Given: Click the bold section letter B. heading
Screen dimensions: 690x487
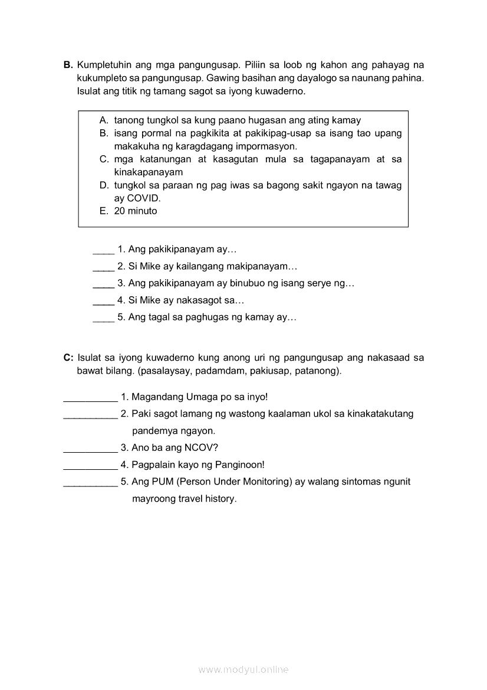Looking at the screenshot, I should [68, 65].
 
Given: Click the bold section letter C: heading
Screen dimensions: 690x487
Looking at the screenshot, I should [68, 358].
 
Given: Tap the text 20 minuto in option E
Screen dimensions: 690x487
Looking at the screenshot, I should [136, 211].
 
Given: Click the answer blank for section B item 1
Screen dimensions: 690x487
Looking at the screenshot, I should [103, 250].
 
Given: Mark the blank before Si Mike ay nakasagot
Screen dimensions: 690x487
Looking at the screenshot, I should [103, 300].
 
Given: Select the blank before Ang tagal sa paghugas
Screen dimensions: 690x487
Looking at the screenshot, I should [103, 318].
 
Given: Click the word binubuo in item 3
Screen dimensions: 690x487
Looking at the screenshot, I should [247, 283].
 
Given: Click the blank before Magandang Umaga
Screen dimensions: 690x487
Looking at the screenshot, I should [90, 397].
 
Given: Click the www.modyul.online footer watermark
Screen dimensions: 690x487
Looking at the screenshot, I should [244, 669].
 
